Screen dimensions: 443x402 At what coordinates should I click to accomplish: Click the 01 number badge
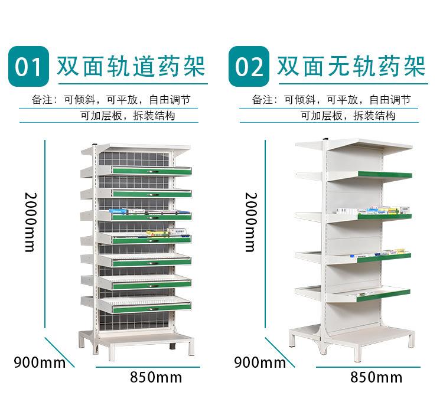click(28, 67)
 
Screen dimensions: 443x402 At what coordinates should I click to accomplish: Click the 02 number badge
click(249, 67)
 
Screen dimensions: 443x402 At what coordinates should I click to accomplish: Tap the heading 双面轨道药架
click(131, 67)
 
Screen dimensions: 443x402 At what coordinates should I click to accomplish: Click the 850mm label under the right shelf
click(376, 377)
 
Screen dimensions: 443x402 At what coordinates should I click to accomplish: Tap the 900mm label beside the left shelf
click(40, 362)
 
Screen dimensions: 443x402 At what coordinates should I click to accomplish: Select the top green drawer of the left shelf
click(152, 171)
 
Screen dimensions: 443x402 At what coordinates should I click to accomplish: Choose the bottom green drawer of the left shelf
click(152, 307)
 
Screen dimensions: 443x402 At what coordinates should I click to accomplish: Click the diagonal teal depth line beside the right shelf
click(276, 351)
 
